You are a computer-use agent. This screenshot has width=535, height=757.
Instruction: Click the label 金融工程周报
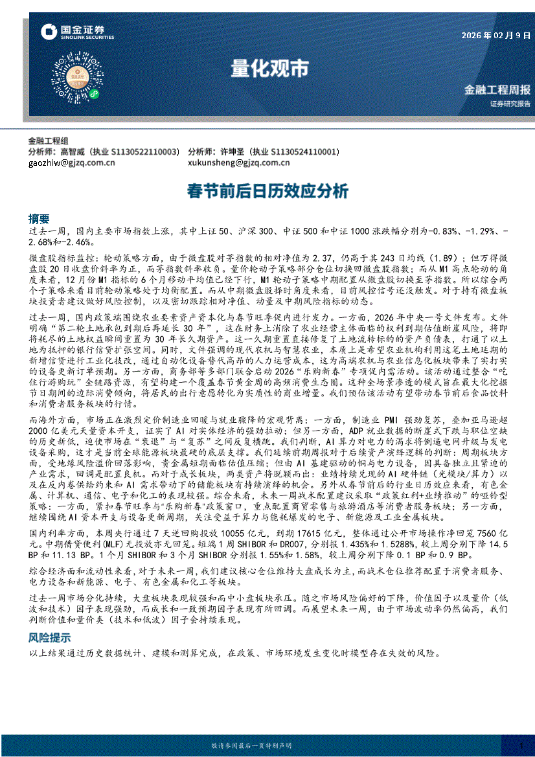(497, 90)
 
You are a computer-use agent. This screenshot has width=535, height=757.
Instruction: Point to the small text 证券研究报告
(510, 104)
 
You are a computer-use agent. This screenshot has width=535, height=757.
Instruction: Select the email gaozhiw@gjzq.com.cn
(71, 163)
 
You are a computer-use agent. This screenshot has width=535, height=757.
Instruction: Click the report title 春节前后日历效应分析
(267, 191)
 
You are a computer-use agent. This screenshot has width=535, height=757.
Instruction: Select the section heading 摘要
(39, 218)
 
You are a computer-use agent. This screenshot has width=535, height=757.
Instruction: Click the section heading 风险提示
(49, 638)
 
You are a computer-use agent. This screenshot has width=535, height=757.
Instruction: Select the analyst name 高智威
(73, 152)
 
